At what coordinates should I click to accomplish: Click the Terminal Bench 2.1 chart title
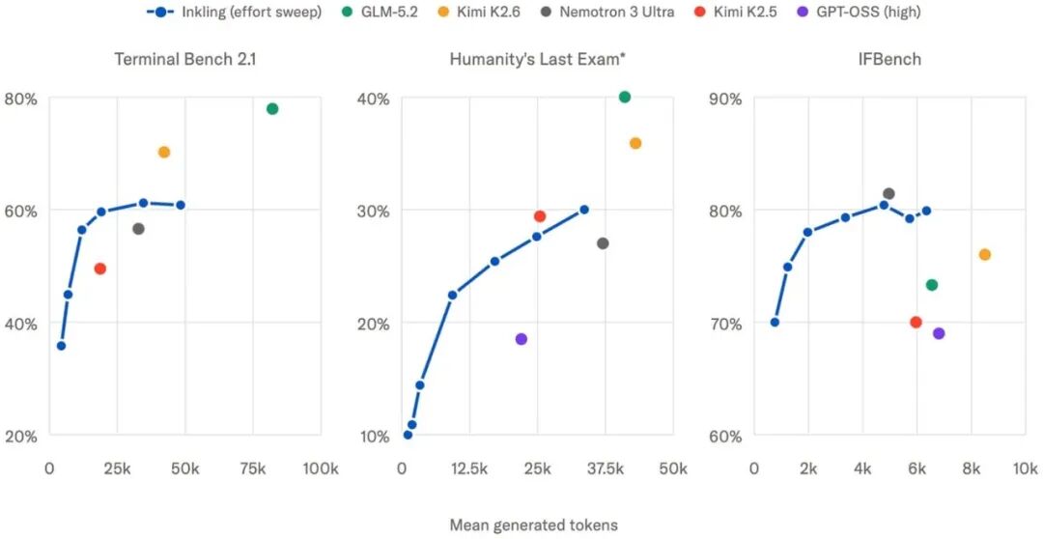[x=185, y=59]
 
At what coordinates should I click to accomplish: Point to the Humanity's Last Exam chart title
[x=538, y=59]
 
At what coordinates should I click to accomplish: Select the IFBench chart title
[x=890, y=59]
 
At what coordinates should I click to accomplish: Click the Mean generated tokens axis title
[x=533, y=525]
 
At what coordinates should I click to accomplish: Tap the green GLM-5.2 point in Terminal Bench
[x=272, y=108]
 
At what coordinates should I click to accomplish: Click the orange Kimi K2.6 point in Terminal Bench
[x=163, y=152]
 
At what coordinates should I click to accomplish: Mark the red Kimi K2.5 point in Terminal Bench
[x=99, y=269]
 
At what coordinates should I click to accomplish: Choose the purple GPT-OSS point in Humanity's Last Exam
[x=521, y=339]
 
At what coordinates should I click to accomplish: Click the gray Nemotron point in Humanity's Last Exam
[x=603, y=243]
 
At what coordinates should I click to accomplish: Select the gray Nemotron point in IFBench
[x=888, y=193]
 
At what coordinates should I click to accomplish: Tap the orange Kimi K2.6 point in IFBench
[x=984, y=254]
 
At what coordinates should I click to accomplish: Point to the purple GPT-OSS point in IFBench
[x=939, y=333]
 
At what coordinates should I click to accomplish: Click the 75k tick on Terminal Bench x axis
[x=252, y=469]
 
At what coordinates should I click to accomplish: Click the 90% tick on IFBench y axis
[x=727, y=99]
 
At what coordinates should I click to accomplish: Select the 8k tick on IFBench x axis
[x=972, y=469]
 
